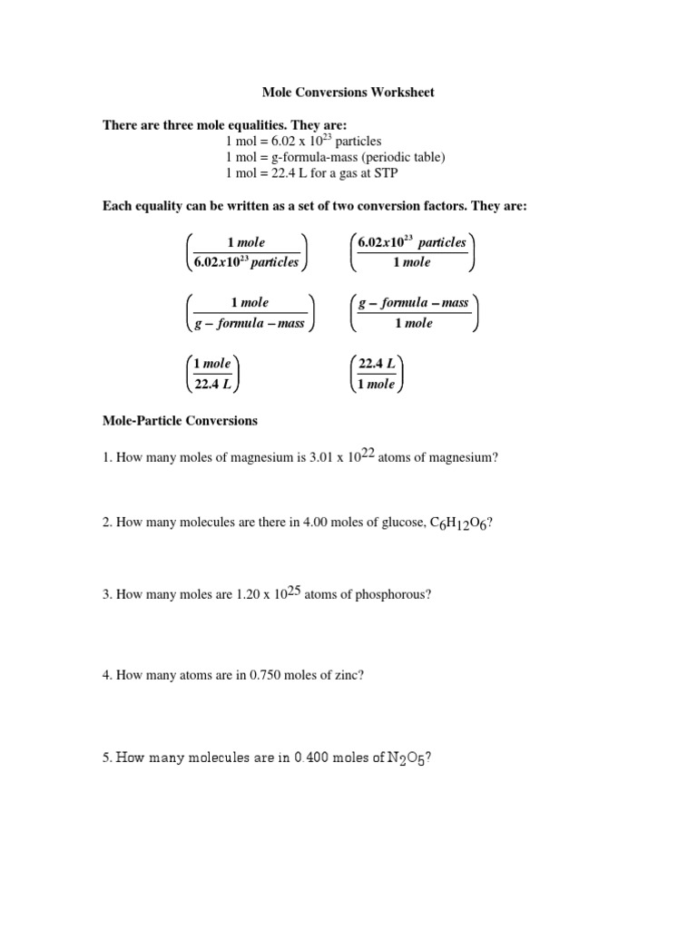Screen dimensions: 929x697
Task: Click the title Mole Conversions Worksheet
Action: [x=348, y=93]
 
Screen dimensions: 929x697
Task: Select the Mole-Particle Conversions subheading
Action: [x=180, y=421]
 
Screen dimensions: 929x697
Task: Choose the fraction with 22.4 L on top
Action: [x=377, y=373]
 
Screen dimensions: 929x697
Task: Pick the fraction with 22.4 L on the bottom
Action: [x=212, y=373]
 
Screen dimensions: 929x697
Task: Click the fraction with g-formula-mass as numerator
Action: [x=414, y=312]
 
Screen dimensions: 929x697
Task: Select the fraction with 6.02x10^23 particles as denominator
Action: [x=246, y=252]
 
